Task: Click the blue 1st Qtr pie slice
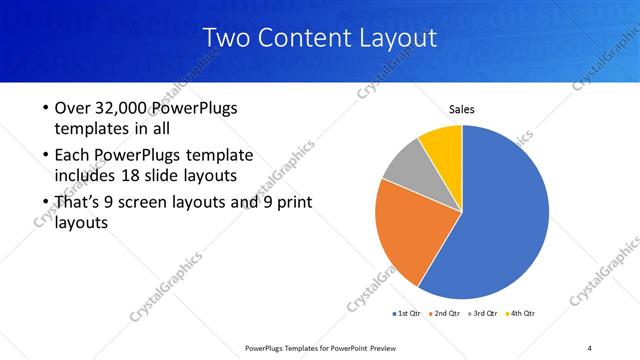(505, 220)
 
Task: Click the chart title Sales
(461, 109)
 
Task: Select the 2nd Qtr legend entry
(445, 313)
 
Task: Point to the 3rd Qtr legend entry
(484, 313)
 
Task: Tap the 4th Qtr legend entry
(522, 313)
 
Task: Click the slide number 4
(589, 347)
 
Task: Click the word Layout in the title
(399, 39)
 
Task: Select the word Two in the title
(223, 39)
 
